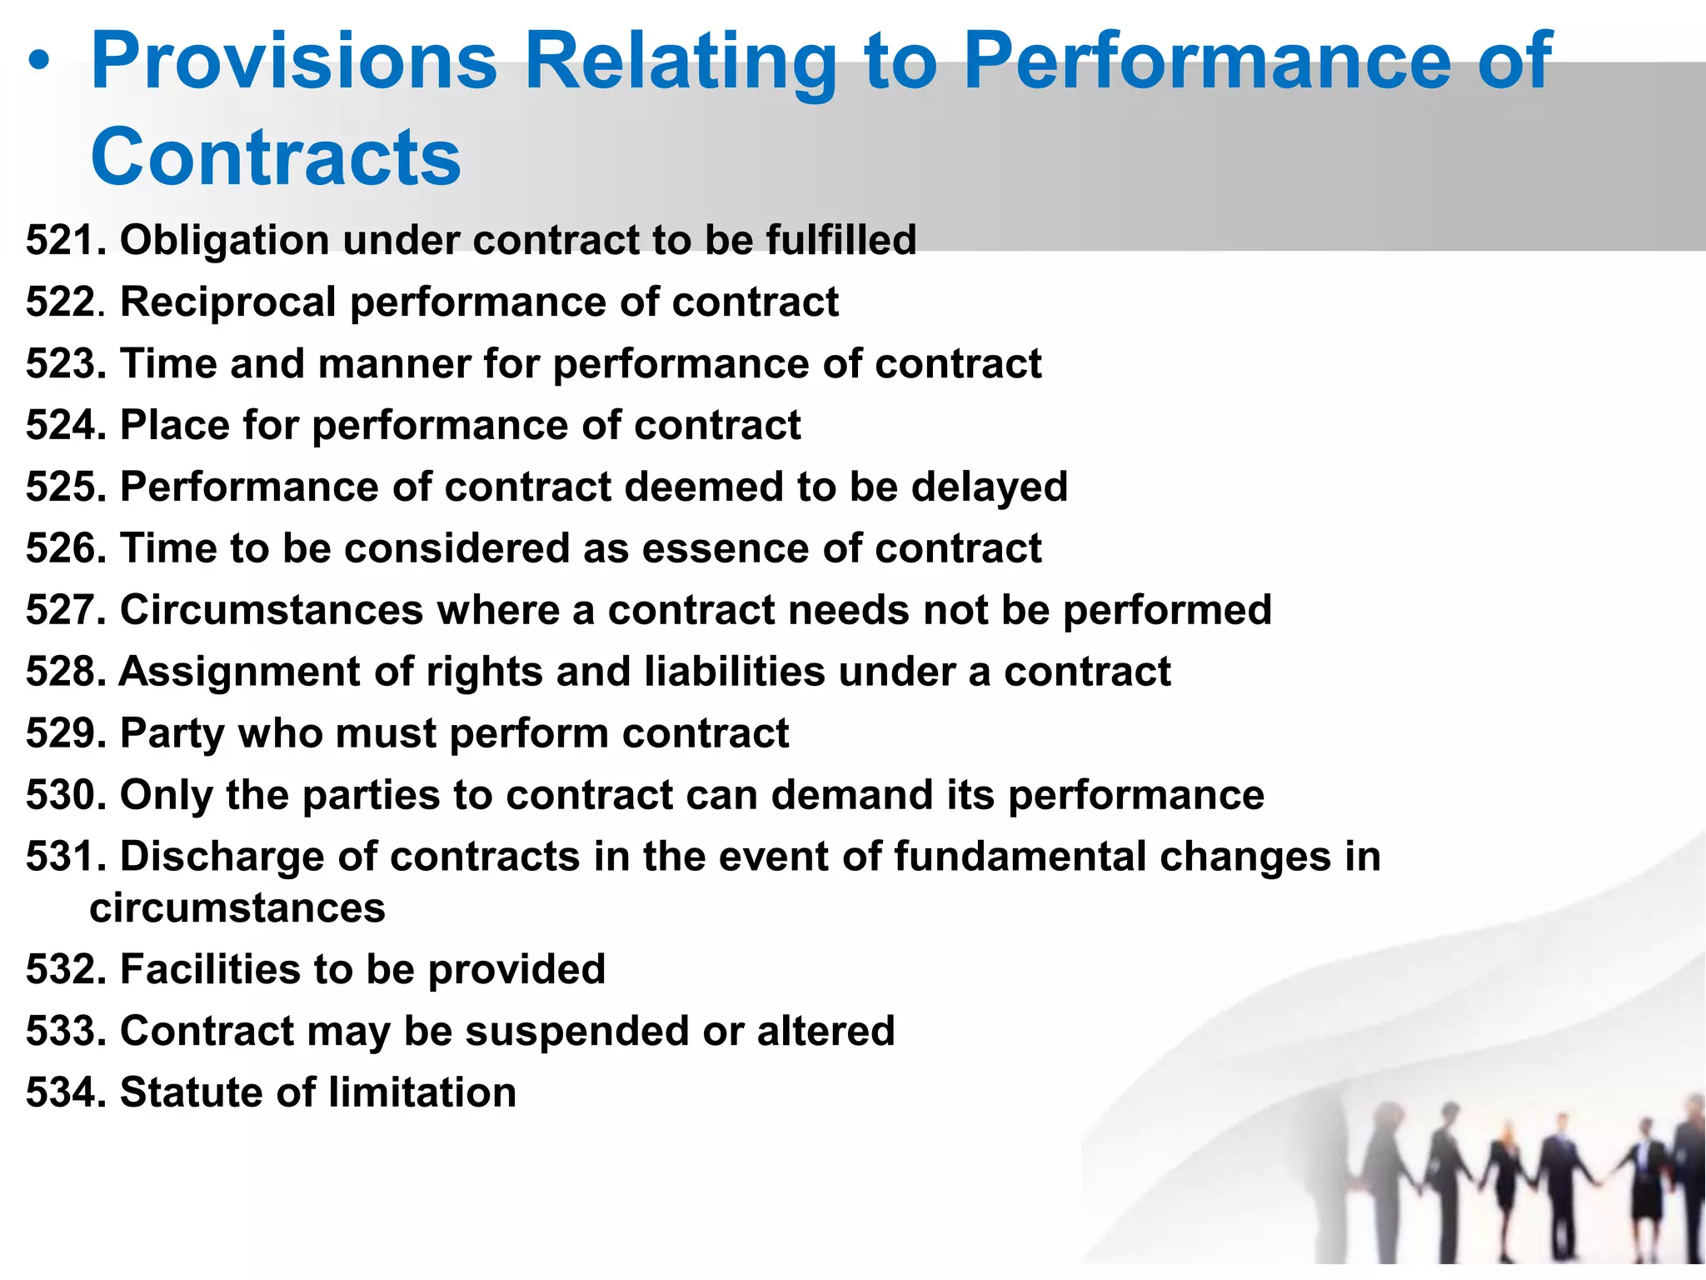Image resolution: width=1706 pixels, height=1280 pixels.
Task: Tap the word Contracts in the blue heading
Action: pyautogui.click(x=276, y=157)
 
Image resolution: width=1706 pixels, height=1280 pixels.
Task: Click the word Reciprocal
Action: pyautogui.click(x=227, y=302)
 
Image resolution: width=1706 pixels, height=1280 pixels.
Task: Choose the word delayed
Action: pyautogui.click(x=989, y=487)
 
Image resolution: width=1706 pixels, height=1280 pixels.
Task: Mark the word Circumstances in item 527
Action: pyautogui.click(x=272, y=610)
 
